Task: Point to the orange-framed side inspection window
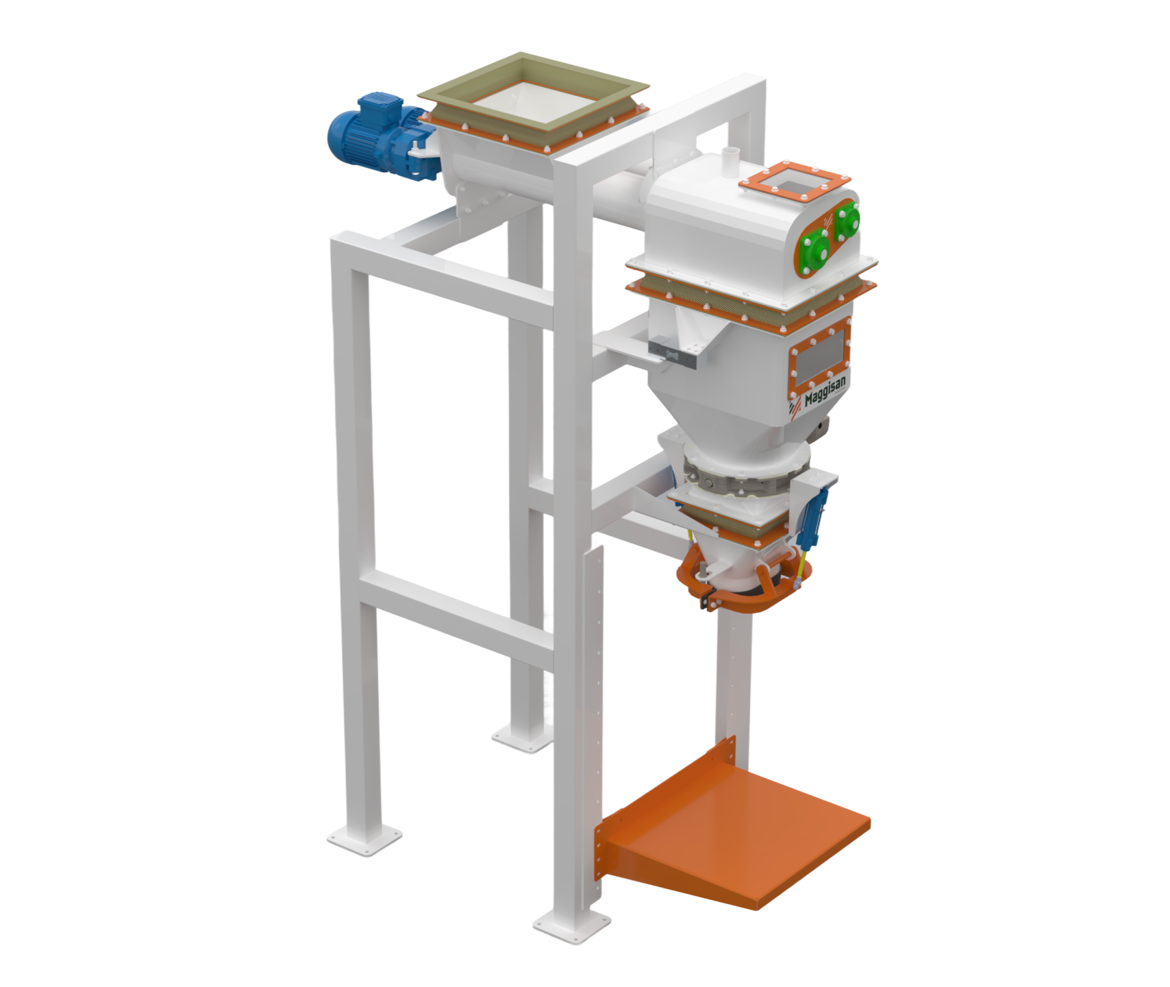[x=819, y=361]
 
